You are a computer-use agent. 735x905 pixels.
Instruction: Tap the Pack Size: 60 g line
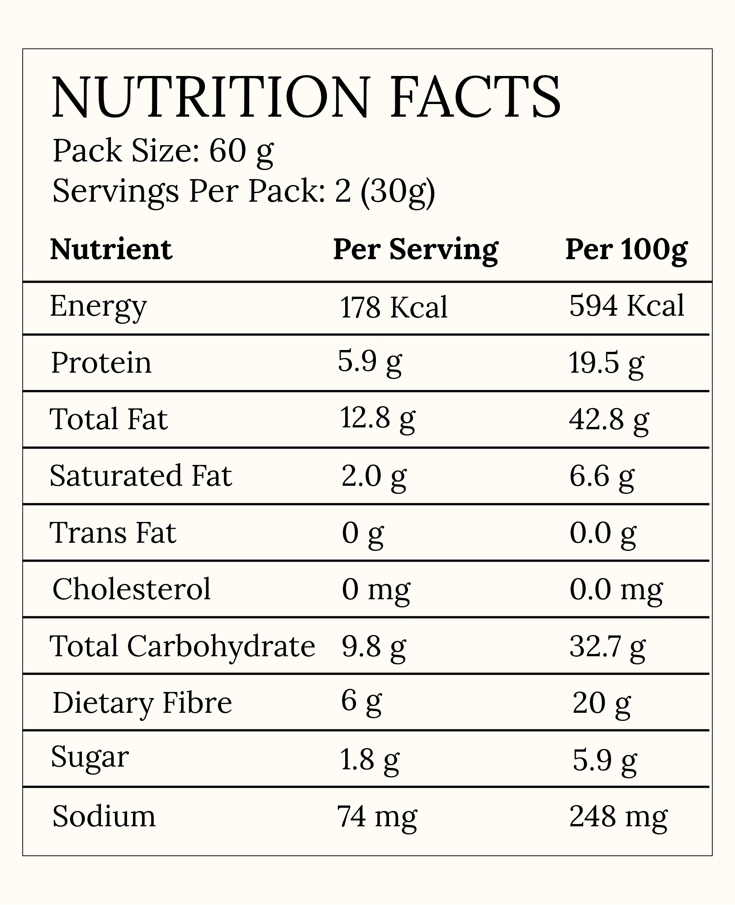(163, 152)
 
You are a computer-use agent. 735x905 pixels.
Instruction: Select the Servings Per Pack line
(244, 192)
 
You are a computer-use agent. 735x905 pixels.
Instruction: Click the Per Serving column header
(415, 250)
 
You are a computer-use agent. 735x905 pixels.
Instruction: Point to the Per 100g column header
(626, 250)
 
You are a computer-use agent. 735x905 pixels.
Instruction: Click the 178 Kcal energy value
(394, 307)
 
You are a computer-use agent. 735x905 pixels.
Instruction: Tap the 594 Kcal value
(627, 306)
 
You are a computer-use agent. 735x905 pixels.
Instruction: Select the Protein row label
(101, 363)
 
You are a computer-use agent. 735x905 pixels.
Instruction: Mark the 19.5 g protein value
(606, 365)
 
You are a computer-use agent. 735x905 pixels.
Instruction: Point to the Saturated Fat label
(141, 475)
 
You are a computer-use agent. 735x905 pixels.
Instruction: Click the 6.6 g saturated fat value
(602, 478)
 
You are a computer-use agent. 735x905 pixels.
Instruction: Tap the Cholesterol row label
(132, 589)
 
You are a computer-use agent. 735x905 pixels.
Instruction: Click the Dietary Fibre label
(142, 703)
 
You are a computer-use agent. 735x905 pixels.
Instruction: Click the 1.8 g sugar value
(370, 761)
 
